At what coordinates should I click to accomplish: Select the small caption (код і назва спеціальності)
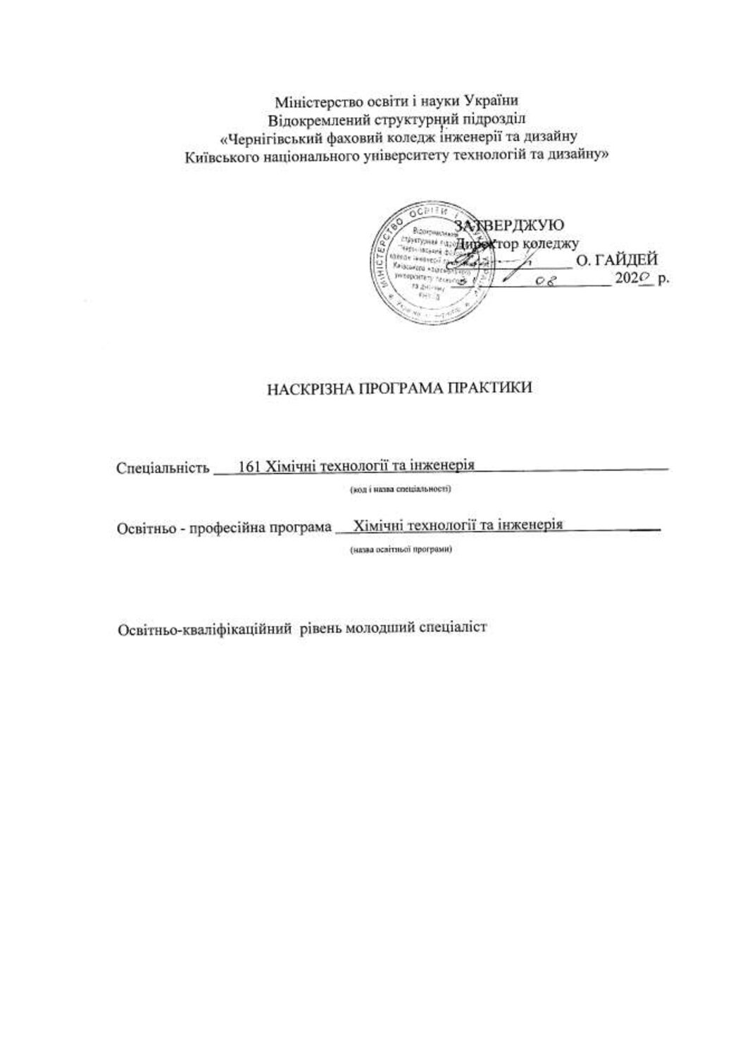point(400,488)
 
